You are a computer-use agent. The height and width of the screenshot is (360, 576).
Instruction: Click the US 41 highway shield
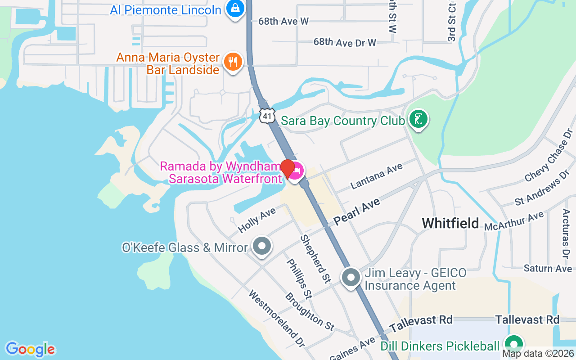pyautogui.click(x=267, y=116)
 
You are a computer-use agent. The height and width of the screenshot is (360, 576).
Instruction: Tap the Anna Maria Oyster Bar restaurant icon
pyautogui.click(x=233, y=62)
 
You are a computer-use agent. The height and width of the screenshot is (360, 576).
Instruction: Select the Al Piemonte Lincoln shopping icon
pyautogui.click(x=235, y=9)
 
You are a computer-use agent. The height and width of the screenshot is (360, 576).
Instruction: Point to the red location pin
pyautogui.click(x=288, y=168)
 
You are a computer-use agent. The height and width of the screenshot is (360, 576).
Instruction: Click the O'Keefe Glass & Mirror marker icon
pyautogui.click(x=261, y=247)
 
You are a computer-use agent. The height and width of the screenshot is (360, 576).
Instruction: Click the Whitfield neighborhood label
pyautogui.click(x=450, y=223)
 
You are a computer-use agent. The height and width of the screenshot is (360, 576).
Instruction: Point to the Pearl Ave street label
pyautogui.click(x=357, y=211)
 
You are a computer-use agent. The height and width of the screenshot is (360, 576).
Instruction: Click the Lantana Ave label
pyautogui.click(x=376, y=176)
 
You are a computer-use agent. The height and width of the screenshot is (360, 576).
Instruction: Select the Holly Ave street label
pyautogui.click(x=256, y=220)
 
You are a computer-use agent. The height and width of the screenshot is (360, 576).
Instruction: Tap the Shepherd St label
pyautogui.click(x=315, y=259)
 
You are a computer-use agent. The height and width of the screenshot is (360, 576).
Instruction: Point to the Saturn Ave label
pyautogui.click(x=548, y=269)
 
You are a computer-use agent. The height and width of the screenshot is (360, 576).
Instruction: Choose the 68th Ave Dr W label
pyautogui.click(x=345, y=42)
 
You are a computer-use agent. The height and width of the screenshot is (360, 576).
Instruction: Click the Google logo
pyautogui.click(x=30, y=349)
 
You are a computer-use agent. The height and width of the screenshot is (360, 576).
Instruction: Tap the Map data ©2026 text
pyautogui.click(x=538, y=354)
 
